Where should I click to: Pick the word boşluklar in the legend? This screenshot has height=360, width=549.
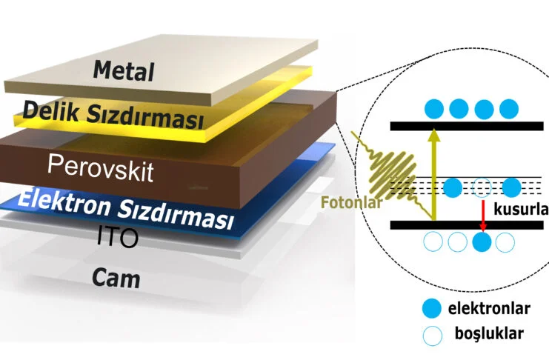489,333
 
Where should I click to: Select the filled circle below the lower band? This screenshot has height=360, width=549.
482,241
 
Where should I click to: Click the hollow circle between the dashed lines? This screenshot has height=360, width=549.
482,186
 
